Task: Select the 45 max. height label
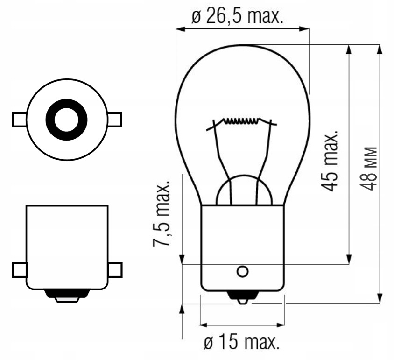pos(330,161)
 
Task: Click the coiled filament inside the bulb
pos(240,122)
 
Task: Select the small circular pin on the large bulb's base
pos(242,271)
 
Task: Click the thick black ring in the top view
pos(66,120)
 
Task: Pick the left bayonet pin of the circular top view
pos(19,120)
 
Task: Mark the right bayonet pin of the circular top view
pos(114,120)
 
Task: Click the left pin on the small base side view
pos(19,269)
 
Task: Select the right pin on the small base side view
pos(115,269)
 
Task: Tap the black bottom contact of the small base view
pos(67,295)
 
